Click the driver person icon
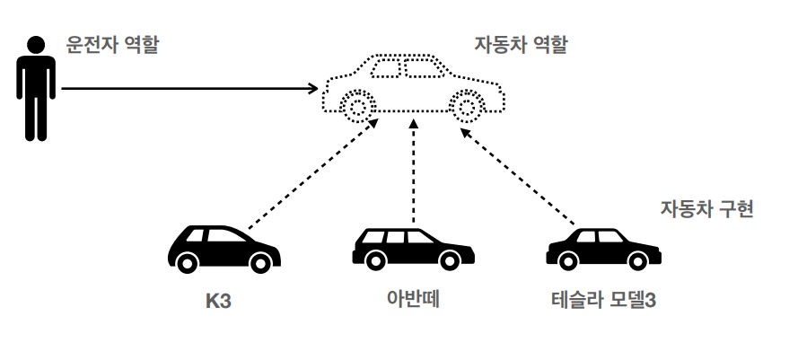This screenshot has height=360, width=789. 35,88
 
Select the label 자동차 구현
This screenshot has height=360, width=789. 706,210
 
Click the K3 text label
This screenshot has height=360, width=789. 218,300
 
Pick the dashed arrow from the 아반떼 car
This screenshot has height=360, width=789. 413,175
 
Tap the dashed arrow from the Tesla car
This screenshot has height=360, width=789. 519,175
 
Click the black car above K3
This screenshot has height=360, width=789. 224,248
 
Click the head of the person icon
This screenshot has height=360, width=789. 35,45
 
